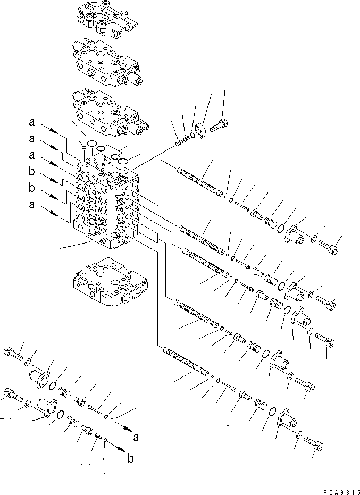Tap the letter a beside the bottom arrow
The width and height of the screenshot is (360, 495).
click(137, 438)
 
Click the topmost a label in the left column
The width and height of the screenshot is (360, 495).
click(32, 123)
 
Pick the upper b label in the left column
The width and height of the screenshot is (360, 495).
click(32, 173)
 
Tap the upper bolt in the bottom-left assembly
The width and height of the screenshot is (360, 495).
click(15, 351)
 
